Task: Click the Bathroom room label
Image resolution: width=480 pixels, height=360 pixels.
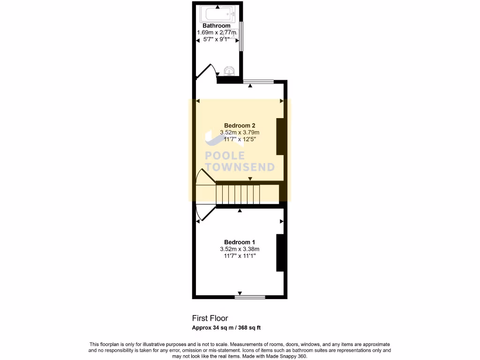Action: pyautogui.click(x=216, y=26)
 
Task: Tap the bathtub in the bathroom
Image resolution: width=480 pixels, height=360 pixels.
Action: pyautogui.click(x=217, y=14)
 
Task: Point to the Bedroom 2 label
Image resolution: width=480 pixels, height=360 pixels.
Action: pyautogui.click(x=240, y=125)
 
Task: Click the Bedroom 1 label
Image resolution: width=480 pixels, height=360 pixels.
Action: pyautogui.click(x=240, y=242)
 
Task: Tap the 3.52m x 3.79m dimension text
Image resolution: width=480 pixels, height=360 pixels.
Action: pyautogui.click(x=240, y=132)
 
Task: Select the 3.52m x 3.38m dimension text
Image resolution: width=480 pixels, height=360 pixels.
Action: pyautogui.click(x=240, y=249)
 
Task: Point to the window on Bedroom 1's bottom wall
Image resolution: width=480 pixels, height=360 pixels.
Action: pyautogui.click(x=250, y=297)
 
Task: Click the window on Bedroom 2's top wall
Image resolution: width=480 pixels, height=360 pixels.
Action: pyautogui.click(x=259, y=82)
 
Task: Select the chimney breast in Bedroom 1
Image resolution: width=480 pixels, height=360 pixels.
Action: pyautogui.click(x=280, y=252)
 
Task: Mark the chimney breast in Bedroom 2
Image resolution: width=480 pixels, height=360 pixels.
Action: pyautogui.click(x=280, y=136)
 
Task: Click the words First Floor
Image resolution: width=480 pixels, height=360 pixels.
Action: pyautogui.click(x=210, y=318)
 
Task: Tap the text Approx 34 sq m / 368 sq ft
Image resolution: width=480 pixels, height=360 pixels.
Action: pyautogui.click(x=229, y=327)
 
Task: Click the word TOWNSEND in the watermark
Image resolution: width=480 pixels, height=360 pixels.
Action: pyautogui.click(x=240, y=167)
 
